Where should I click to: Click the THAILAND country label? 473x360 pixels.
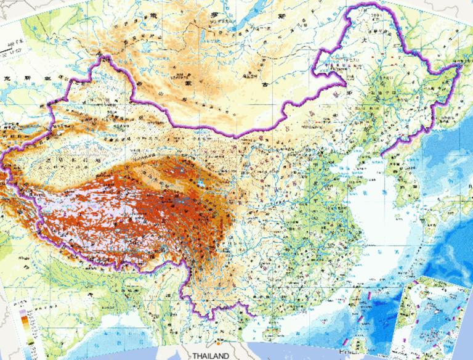click(210, 356)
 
